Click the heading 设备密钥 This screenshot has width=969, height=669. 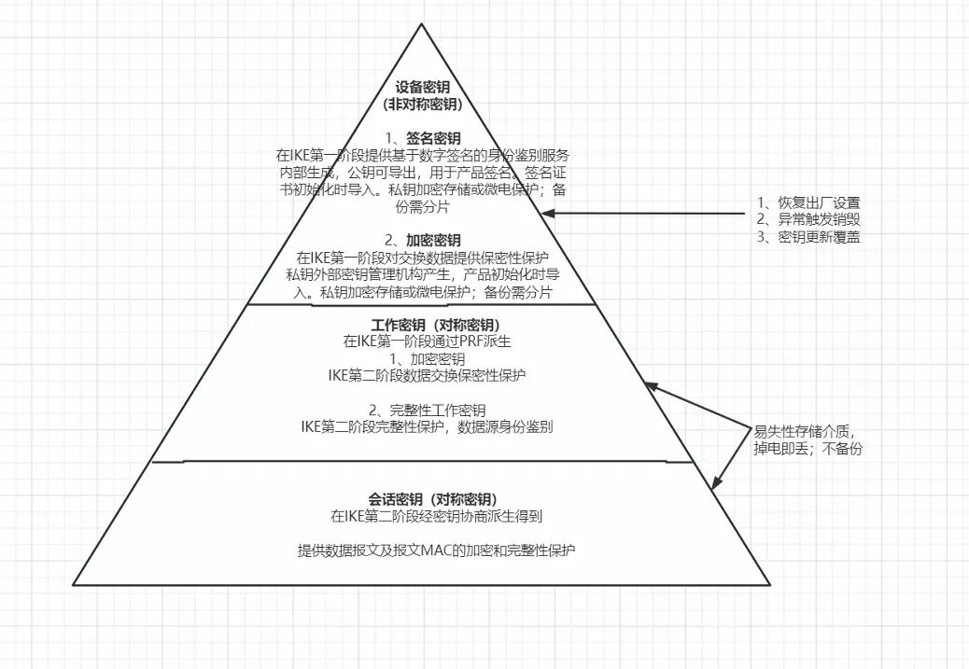[x=422, y=87]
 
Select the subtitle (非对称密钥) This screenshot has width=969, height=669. [x=422, y=104]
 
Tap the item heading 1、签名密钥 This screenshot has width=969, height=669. [x=422, y=138]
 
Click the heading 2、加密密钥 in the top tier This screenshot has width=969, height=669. [x=422, y=240]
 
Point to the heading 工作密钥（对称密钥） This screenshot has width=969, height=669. [x=422, y=325]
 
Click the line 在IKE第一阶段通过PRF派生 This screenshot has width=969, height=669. [x=422, y=341]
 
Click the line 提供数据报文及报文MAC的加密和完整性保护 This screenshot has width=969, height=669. [x=437, y=550]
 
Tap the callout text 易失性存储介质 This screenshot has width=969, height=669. [x=804, y=431]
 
